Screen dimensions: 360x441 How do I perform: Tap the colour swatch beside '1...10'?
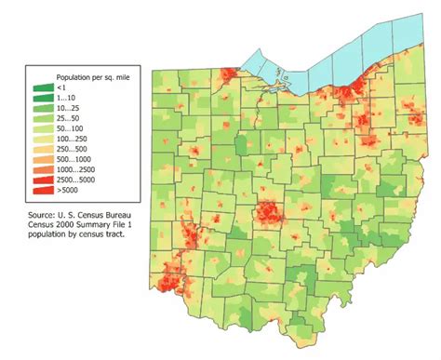(42, 98)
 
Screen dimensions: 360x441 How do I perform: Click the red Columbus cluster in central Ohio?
(270, 213)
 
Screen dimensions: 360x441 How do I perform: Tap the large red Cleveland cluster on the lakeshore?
(349, 92)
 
